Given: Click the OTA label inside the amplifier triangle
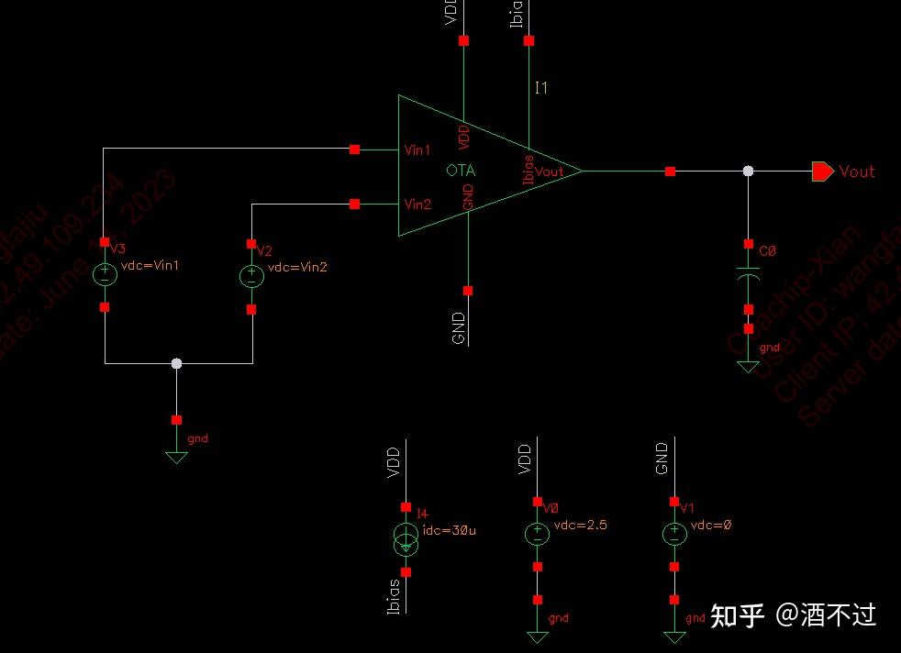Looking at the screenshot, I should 461,171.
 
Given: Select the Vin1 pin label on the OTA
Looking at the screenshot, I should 417,150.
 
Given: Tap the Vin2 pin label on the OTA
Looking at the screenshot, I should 417,204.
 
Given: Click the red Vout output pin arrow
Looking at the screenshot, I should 822,172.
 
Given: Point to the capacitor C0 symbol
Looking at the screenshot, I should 749,274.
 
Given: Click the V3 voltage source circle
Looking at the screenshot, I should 105,274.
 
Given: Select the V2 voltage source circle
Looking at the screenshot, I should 251,276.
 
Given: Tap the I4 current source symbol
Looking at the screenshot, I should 406,539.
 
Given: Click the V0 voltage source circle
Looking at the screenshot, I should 537,534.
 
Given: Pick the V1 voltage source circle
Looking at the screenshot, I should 674,534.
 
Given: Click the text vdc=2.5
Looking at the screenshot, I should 580,526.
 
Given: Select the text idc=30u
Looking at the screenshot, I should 449,529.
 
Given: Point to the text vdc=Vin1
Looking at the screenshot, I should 150,266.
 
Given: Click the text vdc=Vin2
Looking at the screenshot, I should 297,267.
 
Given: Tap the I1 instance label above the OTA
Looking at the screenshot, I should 541,88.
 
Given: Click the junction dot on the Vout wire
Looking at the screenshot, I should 749,172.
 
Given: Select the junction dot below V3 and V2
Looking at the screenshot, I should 177,364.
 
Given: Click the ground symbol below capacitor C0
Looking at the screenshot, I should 749,366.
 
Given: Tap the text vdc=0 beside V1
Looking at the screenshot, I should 711,526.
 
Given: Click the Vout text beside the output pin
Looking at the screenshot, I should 857,172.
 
